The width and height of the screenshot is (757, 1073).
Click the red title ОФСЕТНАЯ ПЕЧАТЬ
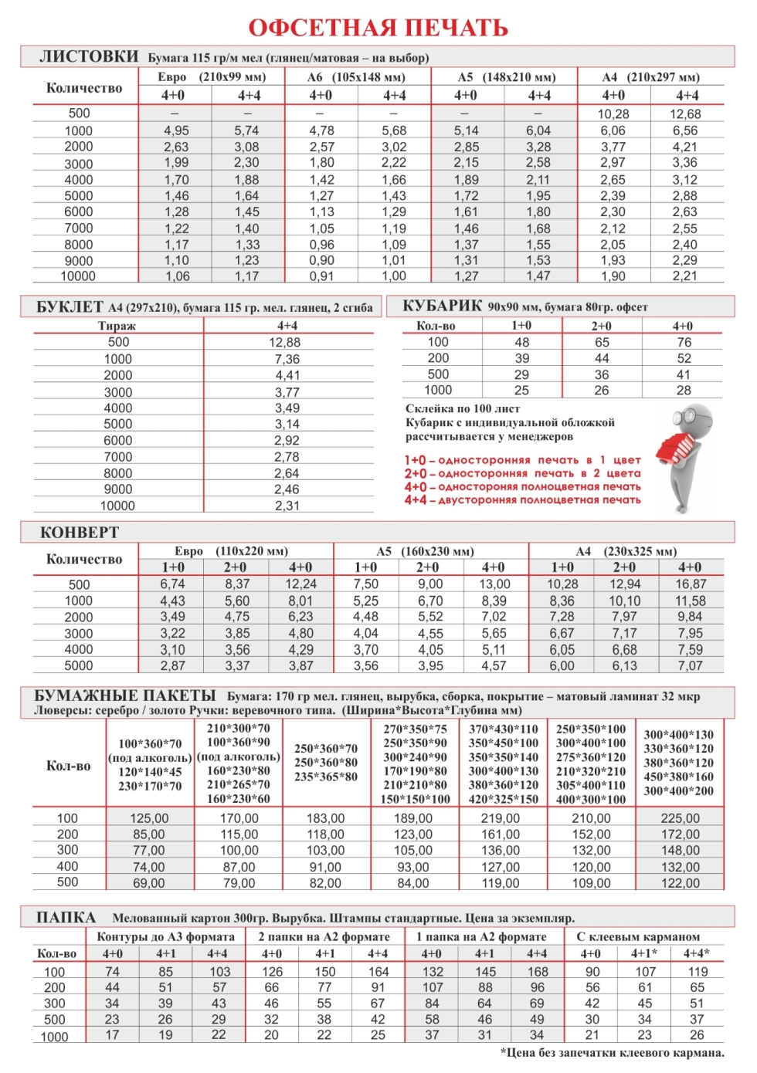378,28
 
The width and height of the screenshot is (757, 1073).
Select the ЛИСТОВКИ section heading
89,56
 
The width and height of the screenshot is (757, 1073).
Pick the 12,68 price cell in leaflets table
686,114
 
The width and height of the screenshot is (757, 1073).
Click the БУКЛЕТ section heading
70,307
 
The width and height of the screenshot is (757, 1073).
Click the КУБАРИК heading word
442,306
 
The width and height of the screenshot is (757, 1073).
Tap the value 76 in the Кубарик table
684,342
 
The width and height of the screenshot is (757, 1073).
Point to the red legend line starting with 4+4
522,500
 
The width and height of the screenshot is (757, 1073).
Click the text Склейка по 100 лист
463,408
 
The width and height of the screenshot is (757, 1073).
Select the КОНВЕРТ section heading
80,533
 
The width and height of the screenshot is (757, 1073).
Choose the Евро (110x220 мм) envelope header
231,551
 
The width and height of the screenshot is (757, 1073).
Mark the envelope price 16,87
691,584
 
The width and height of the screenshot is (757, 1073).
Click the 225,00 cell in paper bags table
680,818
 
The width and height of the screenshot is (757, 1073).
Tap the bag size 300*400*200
679,790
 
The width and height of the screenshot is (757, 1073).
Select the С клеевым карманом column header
638,936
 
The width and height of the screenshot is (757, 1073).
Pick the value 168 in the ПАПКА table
538,972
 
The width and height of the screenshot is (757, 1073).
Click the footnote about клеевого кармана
612,1052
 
